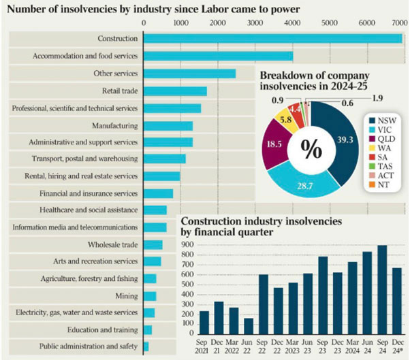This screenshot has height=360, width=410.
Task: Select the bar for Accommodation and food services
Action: (x=218, y=55)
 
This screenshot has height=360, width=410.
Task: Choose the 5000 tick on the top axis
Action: (x=329, y=21)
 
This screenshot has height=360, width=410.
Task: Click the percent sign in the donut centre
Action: (x=311, y=150)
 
